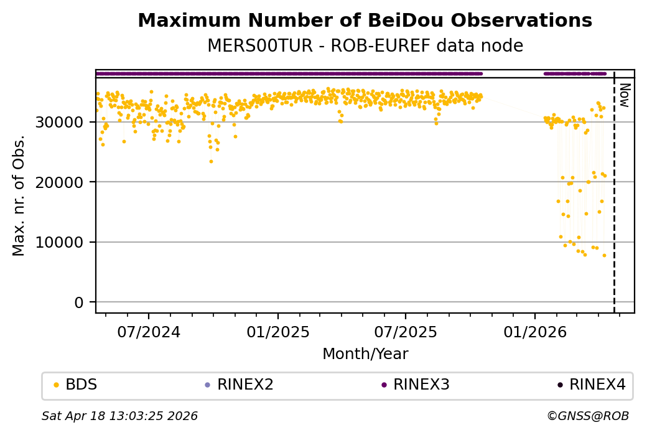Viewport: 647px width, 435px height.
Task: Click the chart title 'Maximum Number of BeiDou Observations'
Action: click(365, 21)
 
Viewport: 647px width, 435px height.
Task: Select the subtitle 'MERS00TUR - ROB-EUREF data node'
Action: click(365, 46)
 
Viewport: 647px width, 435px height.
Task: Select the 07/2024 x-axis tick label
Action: click(148, 332)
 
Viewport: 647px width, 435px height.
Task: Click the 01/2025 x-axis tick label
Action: click(278, 332)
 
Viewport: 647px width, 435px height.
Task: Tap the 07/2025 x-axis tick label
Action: click(406, 332)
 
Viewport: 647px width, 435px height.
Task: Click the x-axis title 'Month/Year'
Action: click(365, 354)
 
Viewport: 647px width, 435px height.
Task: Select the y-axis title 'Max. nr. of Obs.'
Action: click(19, 195)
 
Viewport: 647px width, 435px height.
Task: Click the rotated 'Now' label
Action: click(625, 95)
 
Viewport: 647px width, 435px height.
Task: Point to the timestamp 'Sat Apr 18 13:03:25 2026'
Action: click(119, 416)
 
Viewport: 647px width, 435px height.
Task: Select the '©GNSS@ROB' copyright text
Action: click(588, 416)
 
